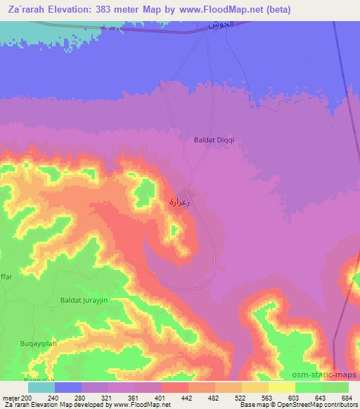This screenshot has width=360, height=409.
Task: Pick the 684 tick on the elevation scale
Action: pos(347,398)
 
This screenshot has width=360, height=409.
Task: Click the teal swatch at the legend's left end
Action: pos(41,387)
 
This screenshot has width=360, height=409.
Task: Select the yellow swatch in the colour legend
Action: pos(282,387)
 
